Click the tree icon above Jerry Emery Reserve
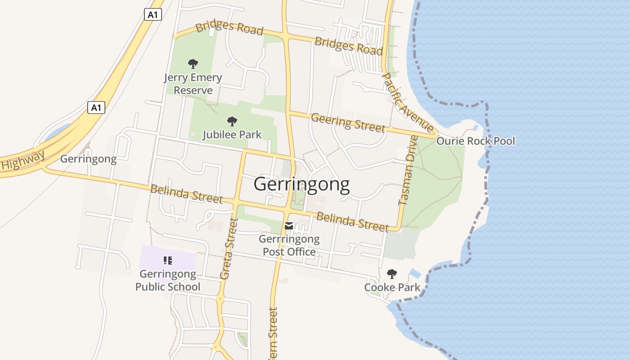coord(193,63)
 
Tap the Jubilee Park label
coord(232,135)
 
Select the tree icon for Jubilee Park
coord(232,121)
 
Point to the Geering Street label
coord(348,122)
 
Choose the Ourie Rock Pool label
coord(476,141)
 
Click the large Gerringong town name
coord(301,184)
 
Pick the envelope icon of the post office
coord(289,226)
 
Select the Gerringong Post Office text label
coord(289,245)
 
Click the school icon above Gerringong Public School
coord(168,260)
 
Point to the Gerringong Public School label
coord(168,280)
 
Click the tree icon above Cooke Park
coord(392,274)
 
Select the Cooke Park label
coord(392,287)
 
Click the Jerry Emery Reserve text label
coord(193,84)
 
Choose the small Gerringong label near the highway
coord(88,159)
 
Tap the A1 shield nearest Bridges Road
coord(153,15)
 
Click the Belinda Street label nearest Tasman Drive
coord(352,221)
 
